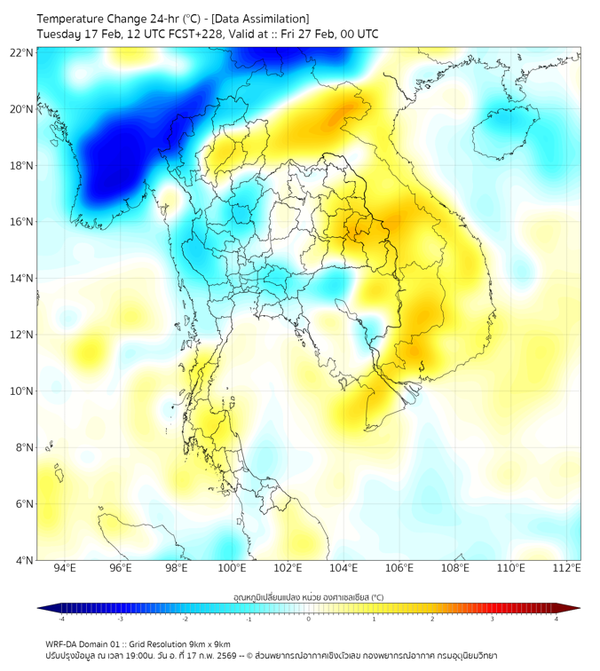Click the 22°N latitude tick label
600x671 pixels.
(x=22, y=53)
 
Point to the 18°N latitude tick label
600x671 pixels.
(x=22, y=166)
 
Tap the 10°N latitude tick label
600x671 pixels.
(x=22, y=391)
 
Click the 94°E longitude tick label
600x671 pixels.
(x=65, y=568)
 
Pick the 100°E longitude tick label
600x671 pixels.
(x=233, y=568)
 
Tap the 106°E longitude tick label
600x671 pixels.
(x=400, y=568)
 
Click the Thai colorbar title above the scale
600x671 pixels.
(x=308, y=596)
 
